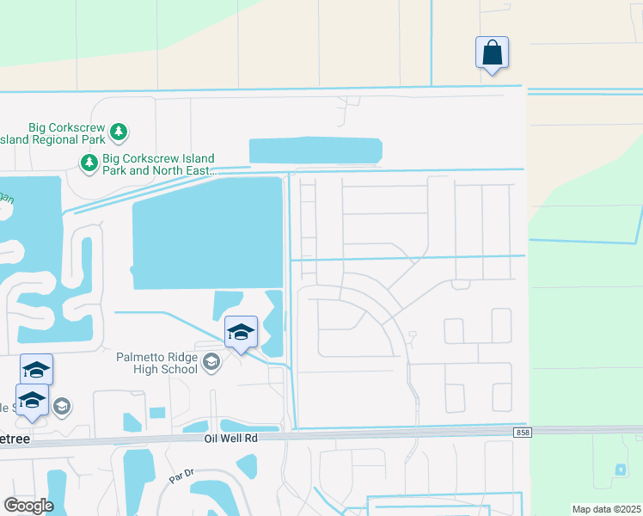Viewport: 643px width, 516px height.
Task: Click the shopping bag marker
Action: pos(492,53)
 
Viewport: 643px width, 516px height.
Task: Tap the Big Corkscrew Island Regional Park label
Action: pos(53,132)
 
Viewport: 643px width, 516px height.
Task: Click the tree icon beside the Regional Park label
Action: pos(119,132)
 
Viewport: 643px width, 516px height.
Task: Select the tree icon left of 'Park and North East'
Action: pos(89,162)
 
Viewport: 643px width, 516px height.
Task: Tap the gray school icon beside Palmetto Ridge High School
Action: pos(211,363)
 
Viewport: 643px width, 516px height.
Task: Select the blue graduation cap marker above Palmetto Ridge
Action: pos(241,333)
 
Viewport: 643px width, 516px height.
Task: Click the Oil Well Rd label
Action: pos(230,438)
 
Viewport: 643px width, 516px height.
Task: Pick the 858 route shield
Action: pos(522,432)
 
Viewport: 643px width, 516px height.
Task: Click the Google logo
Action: pos(28,506)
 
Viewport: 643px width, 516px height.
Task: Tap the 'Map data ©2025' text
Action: pos(606,509)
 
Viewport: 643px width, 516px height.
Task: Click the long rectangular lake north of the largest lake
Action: pos(315,150)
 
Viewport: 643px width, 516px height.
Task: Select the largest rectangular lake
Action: pos(206,233)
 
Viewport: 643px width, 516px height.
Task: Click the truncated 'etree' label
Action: pos(15,438)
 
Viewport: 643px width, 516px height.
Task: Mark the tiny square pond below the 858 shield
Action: pos(621,470)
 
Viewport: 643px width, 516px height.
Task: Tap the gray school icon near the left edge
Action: pos(62,405)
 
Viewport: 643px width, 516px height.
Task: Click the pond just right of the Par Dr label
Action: pos(247,466)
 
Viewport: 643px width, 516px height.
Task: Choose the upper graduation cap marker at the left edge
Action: pos(36,370)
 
